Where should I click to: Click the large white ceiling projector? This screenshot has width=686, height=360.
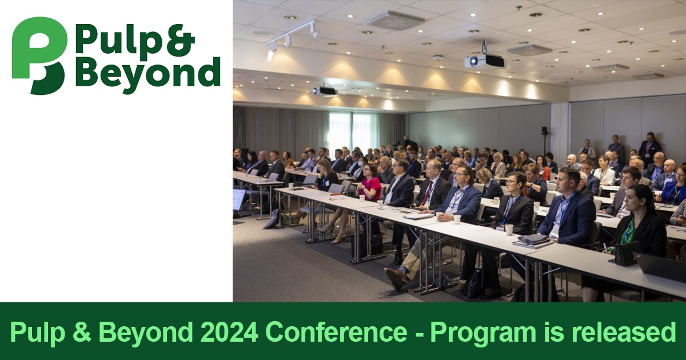[485, 61]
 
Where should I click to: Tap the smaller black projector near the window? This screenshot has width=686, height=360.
[325, 90]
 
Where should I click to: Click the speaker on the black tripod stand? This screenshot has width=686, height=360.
[544, 131]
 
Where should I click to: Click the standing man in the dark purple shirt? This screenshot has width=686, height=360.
[649, 149]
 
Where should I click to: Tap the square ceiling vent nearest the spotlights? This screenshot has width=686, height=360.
[395, 20]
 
